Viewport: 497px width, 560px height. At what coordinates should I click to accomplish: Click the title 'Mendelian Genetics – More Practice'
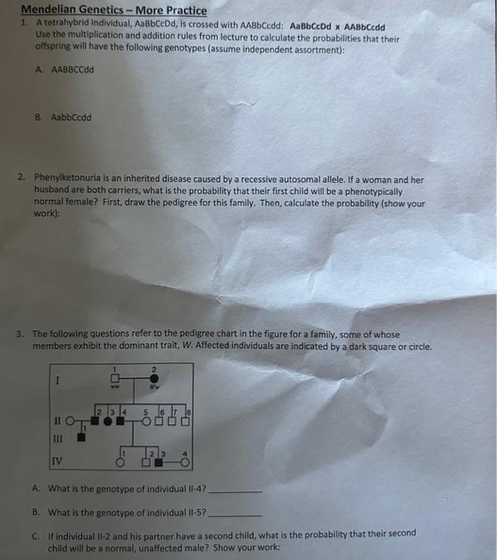(113, 10)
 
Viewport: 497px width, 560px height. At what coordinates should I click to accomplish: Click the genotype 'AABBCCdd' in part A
(73, 70)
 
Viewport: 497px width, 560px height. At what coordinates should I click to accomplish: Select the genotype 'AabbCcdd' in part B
(71, 117)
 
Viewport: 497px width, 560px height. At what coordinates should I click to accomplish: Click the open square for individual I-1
(115, 378)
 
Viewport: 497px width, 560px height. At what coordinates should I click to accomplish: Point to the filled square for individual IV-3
(158, 462)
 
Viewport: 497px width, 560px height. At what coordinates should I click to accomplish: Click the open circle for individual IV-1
(120, 462)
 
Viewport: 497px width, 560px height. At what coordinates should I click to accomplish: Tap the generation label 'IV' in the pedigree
(56, 461)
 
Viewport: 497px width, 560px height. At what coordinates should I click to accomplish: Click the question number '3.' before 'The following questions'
(25, 334)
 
